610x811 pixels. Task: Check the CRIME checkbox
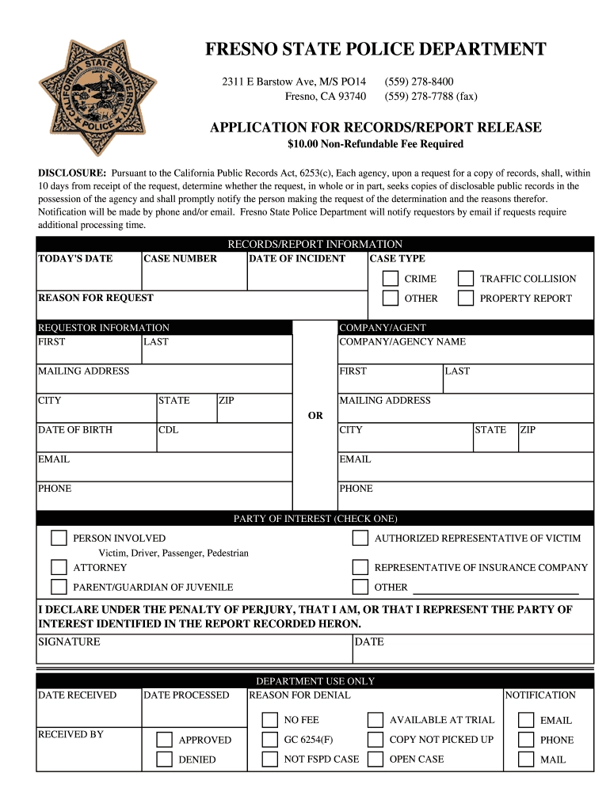coord(391,279)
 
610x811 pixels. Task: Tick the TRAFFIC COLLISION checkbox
coord(466,279)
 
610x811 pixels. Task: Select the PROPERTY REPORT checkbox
coord(466,299)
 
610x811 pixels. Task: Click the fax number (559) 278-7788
coord(431,97)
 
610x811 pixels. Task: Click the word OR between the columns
coord(315,415)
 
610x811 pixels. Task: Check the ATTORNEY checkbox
coord(59,567)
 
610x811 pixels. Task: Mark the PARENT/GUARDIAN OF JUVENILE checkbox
coord(59,587)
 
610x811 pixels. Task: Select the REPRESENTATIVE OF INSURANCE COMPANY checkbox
coord(360,567)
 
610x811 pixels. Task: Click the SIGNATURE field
coord(194,653)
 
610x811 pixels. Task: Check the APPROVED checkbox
coord(164,740)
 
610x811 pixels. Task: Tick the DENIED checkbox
coord(164,760)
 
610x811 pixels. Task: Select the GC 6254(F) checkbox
coord(270,740)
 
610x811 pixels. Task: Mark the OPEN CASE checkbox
coord(376,760)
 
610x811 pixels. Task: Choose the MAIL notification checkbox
coord(526,760)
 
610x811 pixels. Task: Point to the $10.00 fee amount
coord(302,144)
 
